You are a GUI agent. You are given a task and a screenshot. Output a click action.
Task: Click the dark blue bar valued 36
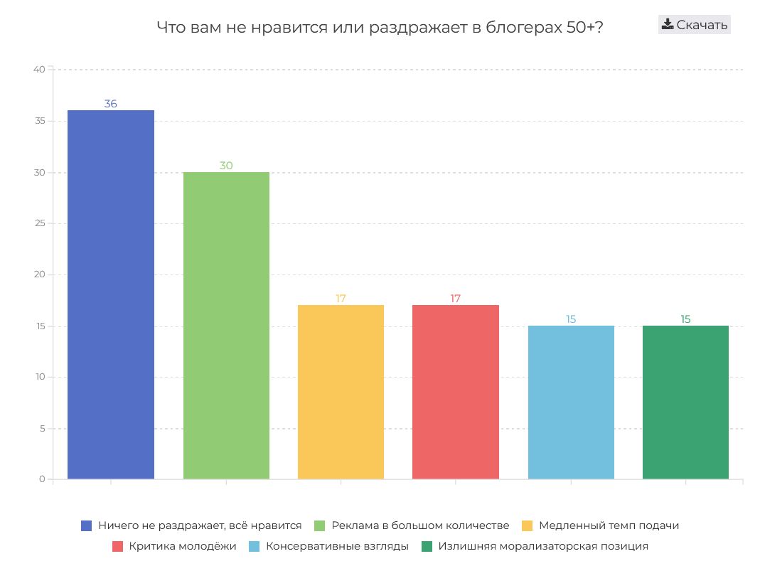coord(110,294)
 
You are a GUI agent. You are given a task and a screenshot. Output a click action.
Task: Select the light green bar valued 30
coord(226,325)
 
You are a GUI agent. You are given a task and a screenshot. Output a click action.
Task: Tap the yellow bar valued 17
coord(341,392)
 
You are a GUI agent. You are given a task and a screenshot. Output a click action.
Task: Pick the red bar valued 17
coord(456,392)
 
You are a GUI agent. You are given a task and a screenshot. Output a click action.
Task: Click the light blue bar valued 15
coord(571,402)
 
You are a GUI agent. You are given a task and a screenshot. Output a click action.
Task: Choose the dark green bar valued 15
coord(685,402)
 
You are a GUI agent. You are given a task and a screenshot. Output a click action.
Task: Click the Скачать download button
coord(694,25)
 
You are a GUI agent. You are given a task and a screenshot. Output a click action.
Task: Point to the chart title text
coord(380,28)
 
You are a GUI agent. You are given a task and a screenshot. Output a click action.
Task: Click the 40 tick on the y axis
coord(39,70)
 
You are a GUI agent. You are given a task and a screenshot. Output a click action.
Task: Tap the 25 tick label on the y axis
coord(39,223)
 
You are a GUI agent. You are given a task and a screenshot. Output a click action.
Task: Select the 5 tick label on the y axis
coord(42,428)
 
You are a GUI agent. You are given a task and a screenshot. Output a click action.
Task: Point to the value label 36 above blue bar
coord(110,104)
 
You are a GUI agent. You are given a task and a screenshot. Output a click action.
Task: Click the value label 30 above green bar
coord(226,166)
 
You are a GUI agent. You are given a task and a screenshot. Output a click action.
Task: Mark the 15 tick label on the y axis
coord(39,326)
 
